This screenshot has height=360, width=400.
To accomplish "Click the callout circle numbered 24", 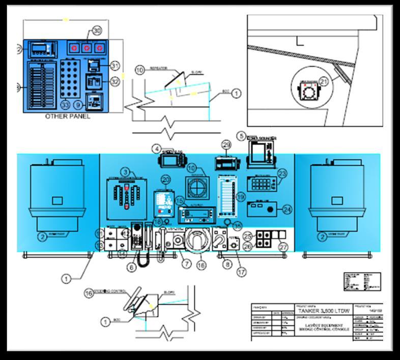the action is click(x=287, y=208).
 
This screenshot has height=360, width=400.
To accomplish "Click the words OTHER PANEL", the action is click(x=68, y=116).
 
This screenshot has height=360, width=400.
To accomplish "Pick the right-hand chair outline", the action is click(x=336, y=196).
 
